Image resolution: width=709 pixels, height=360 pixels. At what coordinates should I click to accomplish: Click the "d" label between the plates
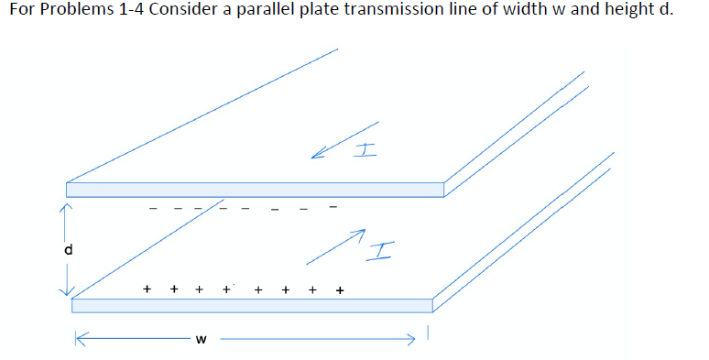click(67, 249)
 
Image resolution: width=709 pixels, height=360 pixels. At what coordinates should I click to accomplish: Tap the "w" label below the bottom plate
click(201, 341)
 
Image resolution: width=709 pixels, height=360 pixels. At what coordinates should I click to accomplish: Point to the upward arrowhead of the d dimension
click(65, 208)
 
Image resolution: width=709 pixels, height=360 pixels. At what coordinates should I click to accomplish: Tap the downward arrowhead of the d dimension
click(65, 290)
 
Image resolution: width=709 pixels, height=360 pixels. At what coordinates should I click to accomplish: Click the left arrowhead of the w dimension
click(81, 340)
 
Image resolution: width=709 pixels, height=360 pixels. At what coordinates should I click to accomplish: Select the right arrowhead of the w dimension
click(413, 340)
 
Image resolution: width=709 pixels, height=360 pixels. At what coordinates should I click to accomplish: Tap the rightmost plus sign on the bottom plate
click(339, 290)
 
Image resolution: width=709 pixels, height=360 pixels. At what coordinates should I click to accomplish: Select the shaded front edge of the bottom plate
click(252, 305)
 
